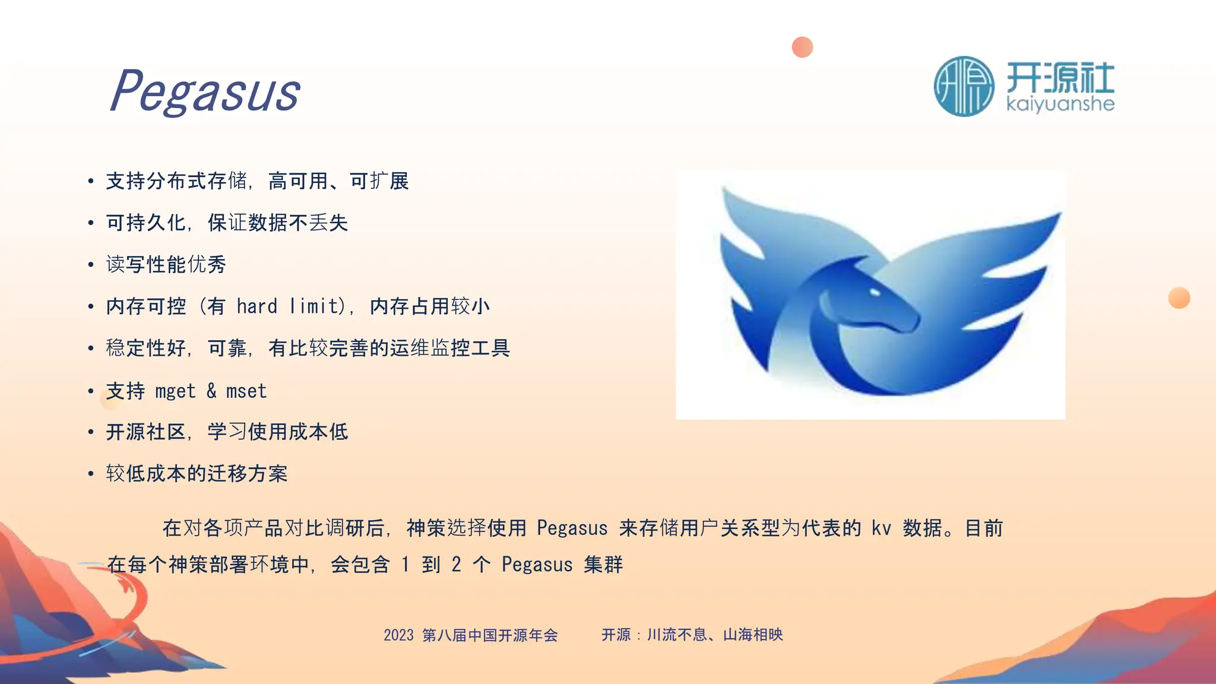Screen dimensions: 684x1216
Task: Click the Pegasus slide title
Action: [x=205, y=91]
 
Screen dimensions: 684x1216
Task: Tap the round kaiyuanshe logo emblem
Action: [x=964, y=87]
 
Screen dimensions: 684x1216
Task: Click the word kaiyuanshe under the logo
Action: [x=1060, y=104]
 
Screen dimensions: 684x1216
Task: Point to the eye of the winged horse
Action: [x=875, y=292]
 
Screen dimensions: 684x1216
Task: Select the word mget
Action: [x=175, y=391]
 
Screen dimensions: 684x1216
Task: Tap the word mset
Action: [x=246, y=391]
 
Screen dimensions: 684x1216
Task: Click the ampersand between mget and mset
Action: [x=211, y=391]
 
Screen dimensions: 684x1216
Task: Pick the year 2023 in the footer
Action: [x=398, y=635]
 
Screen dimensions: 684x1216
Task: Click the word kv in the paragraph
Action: [x=881, y=528]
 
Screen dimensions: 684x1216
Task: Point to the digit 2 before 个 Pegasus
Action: [x=456, y=564]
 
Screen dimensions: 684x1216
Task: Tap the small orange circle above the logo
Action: [x=802, y=47]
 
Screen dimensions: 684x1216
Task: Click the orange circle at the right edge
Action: [x=1179, y=297]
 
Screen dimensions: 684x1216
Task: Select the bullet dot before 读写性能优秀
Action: [x=91, y=265]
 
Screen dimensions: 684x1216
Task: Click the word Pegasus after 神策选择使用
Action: [x=572, y=528]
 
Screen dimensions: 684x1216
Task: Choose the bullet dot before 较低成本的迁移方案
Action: [x=91, y=474]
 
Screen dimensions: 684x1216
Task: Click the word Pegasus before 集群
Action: [x=537, y=564]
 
